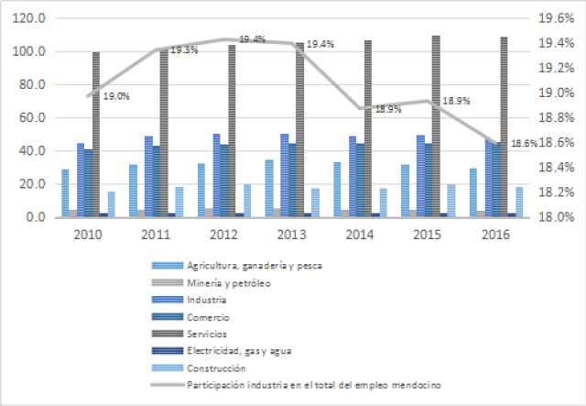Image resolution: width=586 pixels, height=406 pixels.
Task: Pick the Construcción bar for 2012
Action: click(x=246, y=201)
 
